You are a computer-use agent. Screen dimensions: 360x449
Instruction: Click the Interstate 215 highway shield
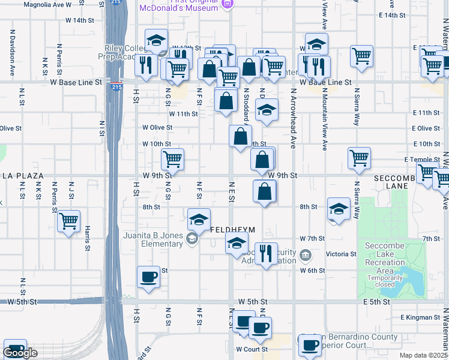[x=116, y=87]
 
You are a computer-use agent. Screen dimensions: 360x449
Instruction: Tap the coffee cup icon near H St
[x=148, y=277]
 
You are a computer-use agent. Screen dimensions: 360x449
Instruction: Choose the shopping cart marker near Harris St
[x=69, y=221]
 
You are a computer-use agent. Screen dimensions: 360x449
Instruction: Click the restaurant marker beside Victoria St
[x=266, y=253]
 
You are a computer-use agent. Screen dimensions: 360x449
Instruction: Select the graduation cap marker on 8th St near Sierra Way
[x=339, y=209]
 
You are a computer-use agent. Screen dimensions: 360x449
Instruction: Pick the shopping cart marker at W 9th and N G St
[x=172, y=160]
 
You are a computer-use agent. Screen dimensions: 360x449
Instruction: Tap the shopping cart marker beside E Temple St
[x=359, y=158]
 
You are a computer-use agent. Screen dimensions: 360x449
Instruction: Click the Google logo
[x=20, y=353]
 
